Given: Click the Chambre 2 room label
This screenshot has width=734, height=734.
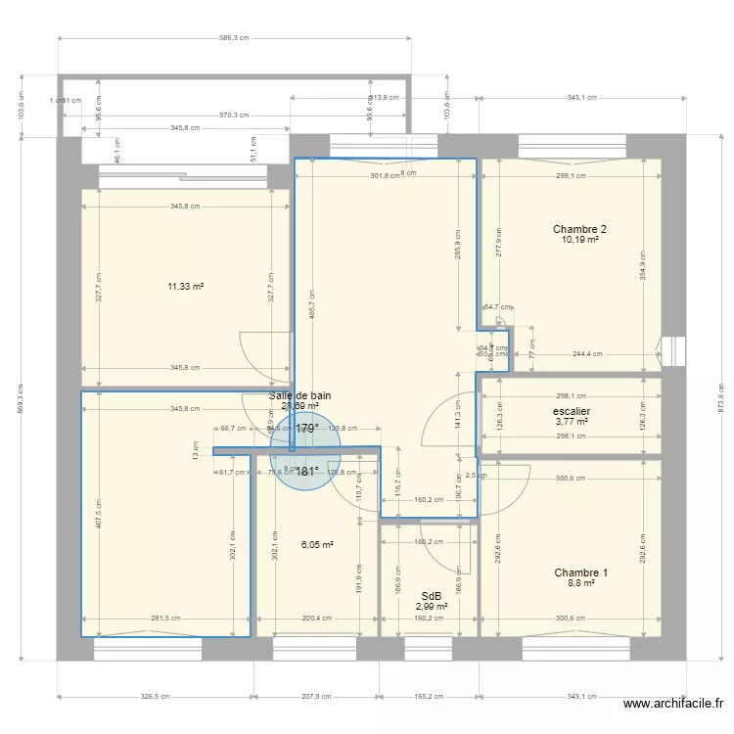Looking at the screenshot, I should (579, 229).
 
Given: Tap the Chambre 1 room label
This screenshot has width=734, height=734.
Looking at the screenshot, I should (580, 573).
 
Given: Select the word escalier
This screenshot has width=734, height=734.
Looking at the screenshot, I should (571, 412).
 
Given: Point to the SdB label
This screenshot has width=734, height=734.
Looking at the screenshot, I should (431, 596).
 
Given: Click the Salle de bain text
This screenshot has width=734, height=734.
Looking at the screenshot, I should (299, 395).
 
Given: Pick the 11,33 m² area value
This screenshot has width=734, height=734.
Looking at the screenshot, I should (185, 287).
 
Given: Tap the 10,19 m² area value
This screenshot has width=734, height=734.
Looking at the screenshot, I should (579, 240).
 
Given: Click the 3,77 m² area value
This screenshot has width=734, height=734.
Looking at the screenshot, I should (571, 423).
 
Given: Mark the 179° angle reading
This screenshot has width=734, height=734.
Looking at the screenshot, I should (306, 429).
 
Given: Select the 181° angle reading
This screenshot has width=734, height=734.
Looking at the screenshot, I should (306, 471).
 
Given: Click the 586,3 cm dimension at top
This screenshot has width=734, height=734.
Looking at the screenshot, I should (233, 39).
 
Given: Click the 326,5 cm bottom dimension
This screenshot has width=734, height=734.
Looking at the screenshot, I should (156, 697).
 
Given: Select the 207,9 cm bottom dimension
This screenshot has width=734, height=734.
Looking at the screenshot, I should (317, 697).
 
